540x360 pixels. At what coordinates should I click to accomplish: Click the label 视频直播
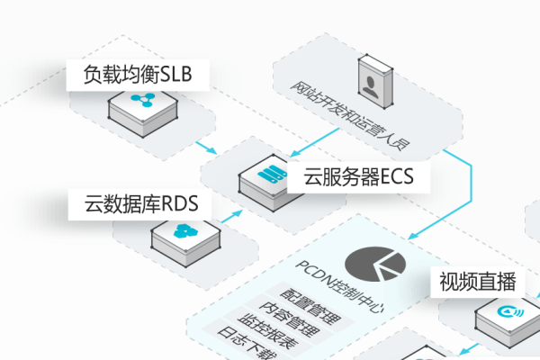pyautogui.click(x=477, y=282)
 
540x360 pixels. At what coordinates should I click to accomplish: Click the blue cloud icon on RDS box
pyautogui.click(x=185, y=232)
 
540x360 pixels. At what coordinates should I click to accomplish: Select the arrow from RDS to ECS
pyautogui.click(x=229, y=216)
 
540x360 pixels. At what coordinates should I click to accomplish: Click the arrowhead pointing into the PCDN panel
pyautogui.click(x=413, y=237)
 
